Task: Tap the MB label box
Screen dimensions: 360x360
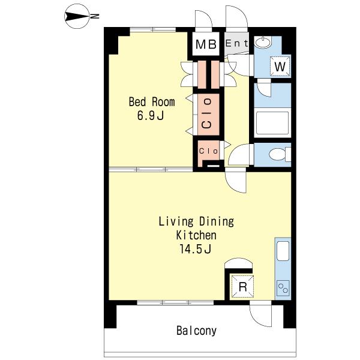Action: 206,44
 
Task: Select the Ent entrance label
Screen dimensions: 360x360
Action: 237,43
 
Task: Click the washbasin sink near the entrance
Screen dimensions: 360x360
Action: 263,42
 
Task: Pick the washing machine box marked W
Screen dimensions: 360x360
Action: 280,66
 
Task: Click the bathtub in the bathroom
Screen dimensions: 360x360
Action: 272,123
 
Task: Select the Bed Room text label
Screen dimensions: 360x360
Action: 152,102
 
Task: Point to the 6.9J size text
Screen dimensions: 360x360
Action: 151,115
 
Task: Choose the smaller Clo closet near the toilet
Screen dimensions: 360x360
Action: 208,151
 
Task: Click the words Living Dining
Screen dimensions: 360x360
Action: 196,222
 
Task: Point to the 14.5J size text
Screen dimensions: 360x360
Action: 195,249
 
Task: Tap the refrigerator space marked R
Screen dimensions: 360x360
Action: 242,287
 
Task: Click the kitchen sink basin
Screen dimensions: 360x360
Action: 283,251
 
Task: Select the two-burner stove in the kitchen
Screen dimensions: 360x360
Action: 283,288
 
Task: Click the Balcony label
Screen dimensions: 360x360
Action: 197,331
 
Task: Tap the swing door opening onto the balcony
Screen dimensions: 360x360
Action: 260,315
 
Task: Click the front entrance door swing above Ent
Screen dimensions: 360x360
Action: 237,17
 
